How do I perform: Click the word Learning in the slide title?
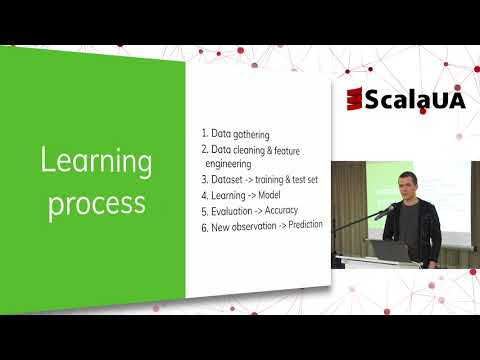tap(95, 160)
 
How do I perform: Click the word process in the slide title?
tap(97, 203)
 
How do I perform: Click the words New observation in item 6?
tap(245, 228)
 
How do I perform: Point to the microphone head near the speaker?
tap(382, 213)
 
